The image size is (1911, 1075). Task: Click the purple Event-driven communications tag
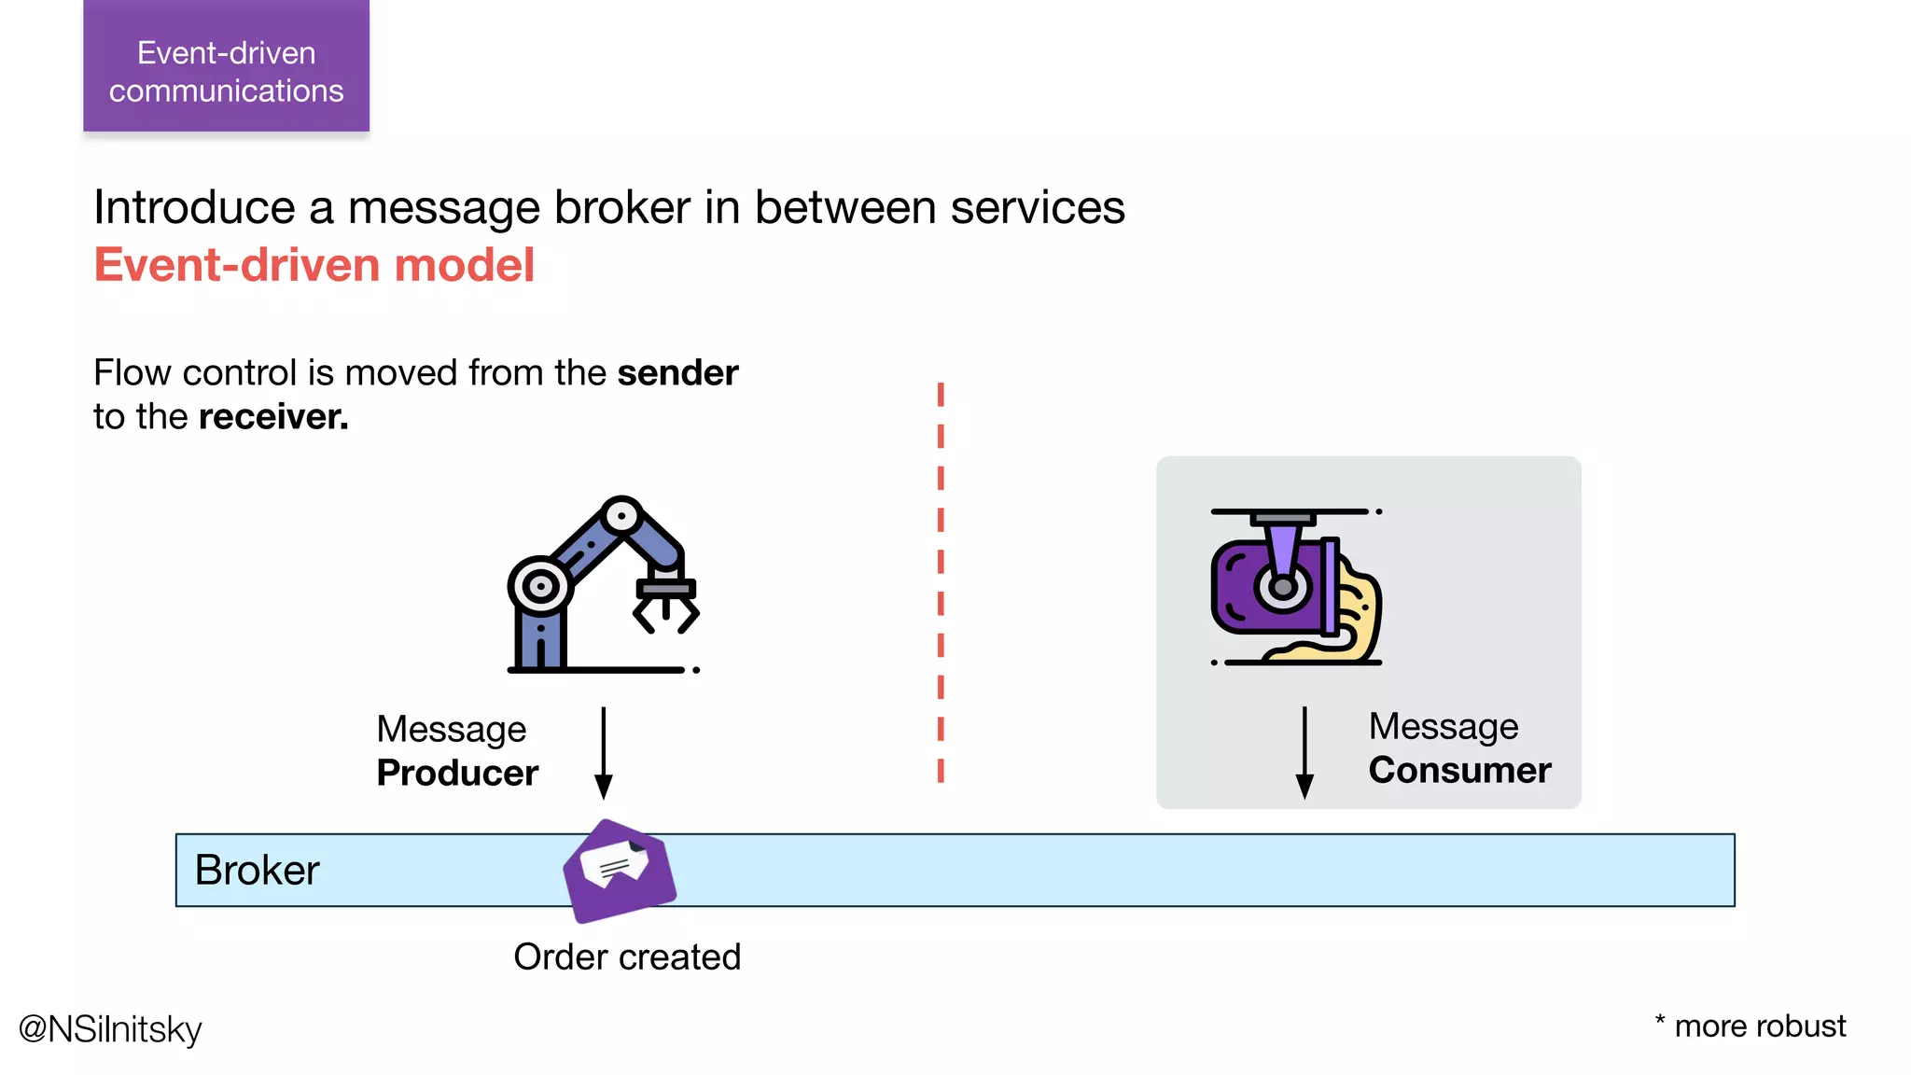[226, 67]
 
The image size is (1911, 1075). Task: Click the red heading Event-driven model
[314, 265]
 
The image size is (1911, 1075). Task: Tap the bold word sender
[677, 373]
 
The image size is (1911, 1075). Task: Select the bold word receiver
[272, 417]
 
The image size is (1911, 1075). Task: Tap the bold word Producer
[457, 774]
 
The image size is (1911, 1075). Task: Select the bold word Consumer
[1459, 771]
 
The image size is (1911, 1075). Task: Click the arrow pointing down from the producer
[604, 752]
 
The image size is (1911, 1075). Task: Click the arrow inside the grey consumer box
[1304, 752]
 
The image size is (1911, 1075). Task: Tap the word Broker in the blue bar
[257, 871]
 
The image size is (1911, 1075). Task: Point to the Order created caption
[627, 957]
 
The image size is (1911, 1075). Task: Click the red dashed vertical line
[941, 582]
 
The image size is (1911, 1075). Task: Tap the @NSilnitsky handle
[110, 1029]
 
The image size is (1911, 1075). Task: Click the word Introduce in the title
[194, 207]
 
